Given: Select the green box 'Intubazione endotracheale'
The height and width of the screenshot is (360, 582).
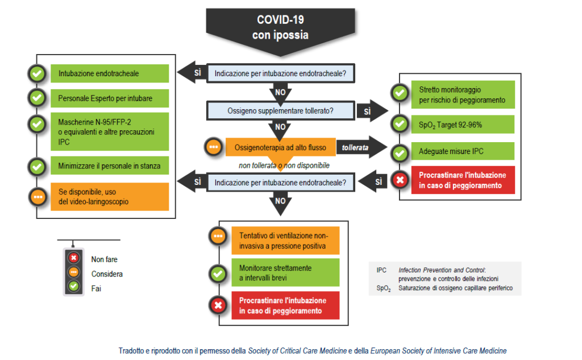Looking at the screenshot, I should coord(110,73).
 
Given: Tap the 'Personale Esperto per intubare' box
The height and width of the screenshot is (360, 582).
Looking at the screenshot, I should coord(110,98).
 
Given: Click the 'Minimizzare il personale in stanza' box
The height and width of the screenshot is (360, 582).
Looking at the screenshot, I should coord(110,167).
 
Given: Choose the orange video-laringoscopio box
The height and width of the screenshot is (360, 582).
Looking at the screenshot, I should coord(110,196).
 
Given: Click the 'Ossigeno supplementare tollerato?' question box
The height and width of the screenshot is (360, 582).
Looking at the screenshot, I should coord(280,111).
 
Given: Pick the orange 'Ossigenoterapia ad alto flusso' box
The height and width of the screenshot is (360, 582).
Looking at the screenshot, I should coord(281,147).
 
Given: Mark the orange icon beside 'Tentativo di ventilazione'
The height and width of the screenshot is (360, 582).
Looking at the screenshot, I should coord(217,237).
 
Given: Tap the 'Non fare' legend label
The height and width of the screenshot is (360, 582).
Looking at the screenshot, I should coord(104,259).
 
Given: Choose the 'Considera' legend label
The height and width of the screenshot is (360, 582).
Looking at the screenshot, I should coord(107,274).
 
